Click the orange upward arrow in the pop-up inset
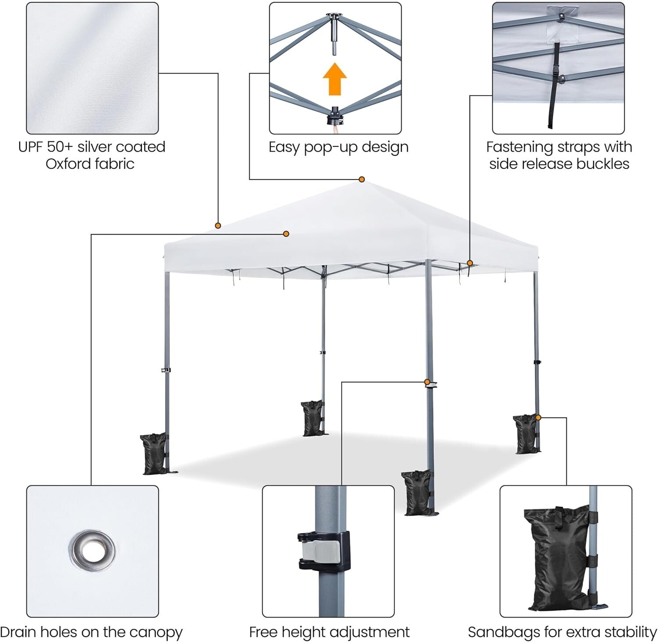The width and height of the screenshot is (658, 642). (x=335, y=79)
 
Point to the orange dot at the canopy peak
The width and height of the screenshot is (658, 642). (x=362, y=179)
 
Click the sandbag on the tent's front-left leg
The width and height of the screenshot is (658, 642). (x=154, y=454)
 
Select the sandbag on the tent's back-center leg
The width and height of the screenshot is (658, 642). (x=311, y=418)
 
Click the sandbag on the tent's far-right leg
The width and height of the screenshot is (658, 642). (x=525, y=434)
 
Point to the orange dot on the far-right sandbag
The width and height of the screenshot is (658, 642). (x=538, y=417)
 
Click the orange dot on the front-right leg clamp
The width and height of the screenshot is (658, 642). (x=427, y=382)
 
